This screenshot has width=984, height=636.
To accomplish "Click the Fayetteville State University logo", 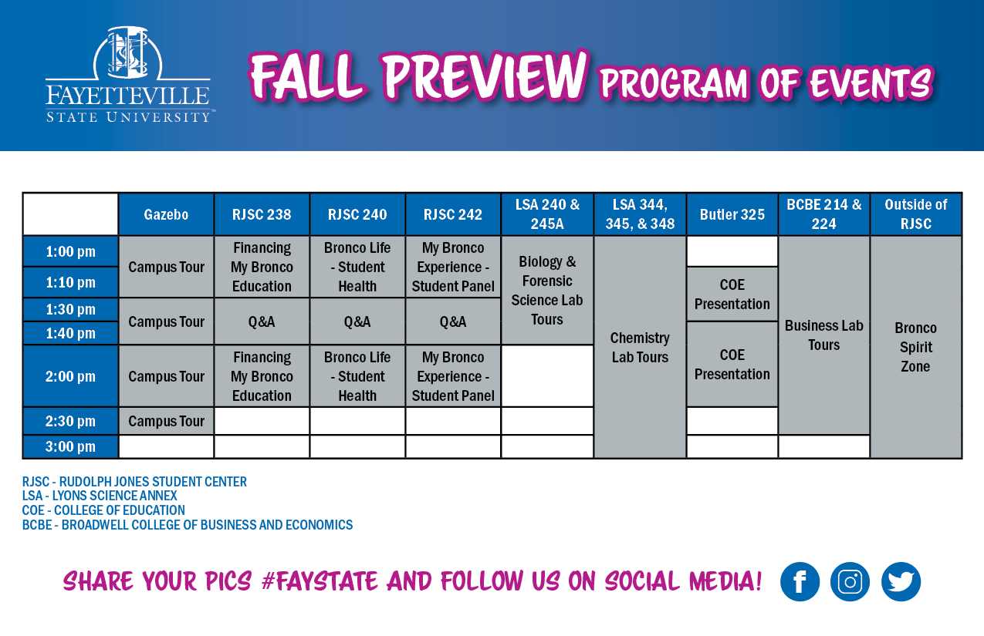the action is (128, 75).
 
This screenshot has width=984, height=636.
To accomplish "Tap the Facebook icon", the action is (800, 581).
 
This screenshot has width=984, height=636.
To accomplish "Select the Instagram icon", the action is (850, 581).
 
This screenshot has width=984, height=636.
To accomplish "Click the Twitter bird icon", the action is (901, 581).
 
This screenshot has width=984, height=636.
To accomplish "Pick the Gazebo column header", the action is (166, 214).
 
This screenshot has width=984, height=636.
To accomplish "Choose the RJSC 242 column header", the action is (453, 214).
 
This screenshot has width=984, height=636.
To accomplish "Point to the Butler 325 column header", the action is (732, 214).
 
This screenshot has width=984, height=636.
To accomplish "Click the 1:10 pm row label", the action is (70, 282).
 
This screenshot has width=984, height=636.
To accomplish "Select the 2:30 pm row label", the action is (70, 421).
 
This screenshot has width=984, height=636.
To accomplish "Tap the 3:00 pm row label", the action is (70, 446).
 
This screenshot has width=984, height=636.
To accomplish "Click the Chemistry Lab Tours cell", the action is (640, 347).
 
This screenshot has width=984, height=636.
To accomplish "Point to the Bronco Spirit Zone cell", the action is (916, 347).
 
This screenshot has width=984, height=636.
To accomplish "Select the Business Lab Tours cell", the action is (823, 335).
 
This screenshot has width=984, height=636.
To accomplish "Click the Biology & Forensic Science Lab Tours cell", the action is (547, 290).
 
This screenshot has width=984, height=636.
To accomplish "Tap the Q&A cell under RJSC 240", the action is (357, 321).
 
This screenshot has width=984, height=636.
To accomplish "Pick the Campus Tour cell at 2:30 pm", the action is (166, 421).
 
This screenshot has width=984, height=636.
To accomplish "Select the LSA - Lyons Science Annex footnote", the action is (100, 496).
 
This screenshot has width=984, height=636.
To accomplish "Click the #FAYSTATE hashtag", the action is (320, 581).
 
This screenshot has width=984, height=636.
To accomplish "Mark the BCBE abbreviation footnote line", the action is (187, 525).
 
